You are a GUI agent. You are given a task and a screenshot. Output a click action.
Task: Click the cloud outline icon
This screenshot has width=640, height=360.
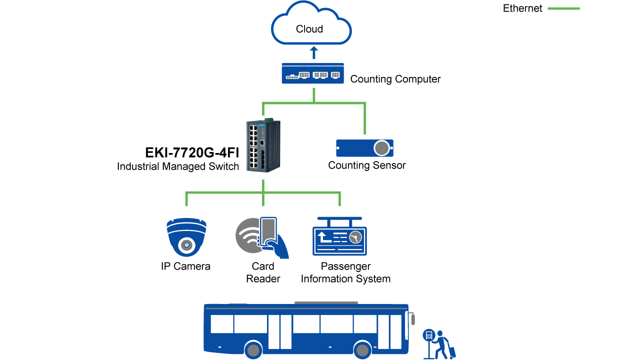pyautogui.click(x=311, y=25)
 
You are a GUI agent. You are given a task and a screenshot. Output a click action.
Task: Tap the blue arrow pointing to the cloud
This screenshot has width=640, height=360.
pyautogui.click(x=314, y=52)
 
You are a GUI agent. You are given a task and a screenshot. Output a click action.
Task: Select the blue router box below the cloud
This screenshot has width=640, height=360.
pyautogui.click(x=312, y=73)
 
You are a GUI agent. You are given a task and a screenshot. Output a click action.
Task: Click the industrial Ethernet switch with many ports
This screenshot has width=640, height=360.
pyautogui.click(x=262, y=146)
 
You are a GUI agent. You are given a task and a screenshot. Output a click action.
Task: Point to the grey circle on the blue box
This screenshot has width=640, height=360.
pyautogui.click(x=381, y=148)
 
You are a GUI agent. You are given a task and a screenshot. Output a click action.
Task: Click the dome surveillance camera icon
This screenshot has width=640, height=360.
pyautogui.click(x=186, y=236)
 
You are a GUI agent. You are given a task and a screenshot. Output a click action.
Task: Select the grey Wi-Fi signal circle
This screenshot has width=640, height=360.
pyautogui.click(x=248, y=235)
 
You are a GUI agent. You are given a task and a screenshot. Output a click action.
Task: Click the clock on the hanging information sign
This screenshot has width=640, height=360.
pyautogui.click(x=355, y=237)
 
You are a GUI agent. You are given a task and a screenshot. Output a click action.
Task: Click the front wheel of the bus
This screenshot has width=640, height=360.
pyautogui.click(x=362, y=350)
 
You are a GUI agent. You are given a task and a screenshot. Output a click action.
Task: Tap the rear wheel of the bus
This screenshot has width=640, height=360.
pyautogui.click(x=253, y=350)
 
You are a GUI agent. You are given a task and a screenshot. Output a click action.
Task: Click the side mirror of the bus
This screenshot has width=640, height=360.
pyautogui.click(x=412, y=319)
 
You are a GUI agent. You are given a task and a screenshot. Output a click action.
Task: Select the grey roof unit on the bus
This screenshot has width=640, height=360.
pyautogui.click(x=326, y=302)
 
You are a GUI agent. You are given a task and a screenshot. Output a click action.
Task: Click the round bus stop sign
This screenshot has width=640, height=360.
pyautogui.click(x=428, y=335)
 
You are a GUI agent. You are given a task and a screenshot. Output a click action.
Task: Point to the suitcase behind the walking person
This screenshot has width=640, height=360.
pyautogui.click(x=452, y=352)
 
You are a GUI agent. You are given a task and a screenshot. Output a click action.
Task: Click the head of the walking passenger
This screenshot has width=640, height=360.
pyautogui.click(x=439, y=333)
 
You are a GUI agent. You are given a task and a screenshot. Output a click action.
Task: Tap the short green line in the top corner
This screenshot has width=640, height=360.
pyautogui.click(x=563, y=8)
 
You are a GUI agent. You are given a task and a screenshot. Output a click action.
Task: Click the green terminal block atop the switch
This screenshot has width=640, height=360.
pyautogui.click(x=269, y=119)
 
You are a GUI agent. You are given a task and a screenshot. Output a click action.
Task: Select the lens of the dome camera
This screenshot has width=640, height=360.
pyautogui.click(x=186, y=245)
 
